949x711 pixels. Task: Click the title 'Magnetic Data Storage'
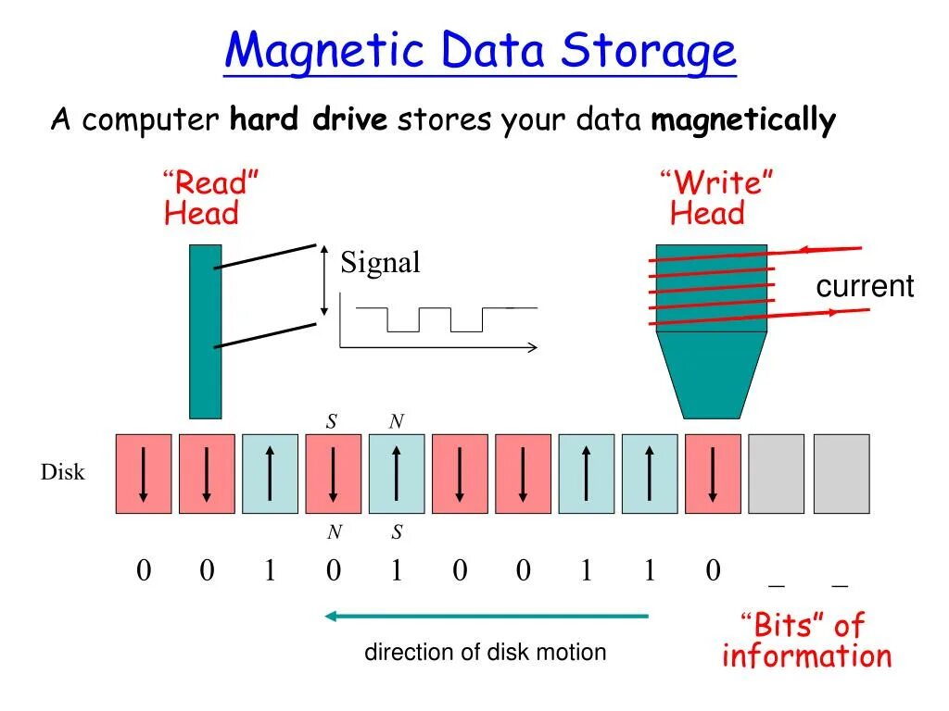coord(480,52)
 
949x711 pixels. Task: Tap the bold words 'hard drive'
coord(309,120)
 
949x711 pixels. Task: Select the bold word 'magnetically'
coord(743,120)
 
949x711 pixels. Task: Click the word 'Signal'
coord(380,263)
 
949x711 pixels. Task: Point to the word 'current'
coord(864,286)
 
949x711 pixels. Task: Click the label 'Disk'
coord(62,472)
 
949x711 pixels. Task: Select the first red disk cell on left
coord(143,473)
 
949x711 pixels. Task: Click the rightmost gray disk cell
coord(841,473)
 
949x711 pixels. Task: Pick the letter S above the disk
coord(332,422)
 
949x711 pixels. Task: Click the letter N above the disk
coord(396,422)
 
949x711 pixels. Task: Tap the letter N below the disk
coord(334,532)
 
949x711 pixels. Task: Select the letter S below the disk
coord(397,532)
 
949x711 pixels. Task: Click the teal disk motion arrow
coord(487,616)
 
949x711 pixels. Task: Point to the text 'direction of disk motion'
coord(485,652)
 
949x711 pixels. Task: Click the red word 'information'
coord(806,656)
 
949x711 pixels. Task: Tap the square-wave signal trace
coord(436,318)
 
